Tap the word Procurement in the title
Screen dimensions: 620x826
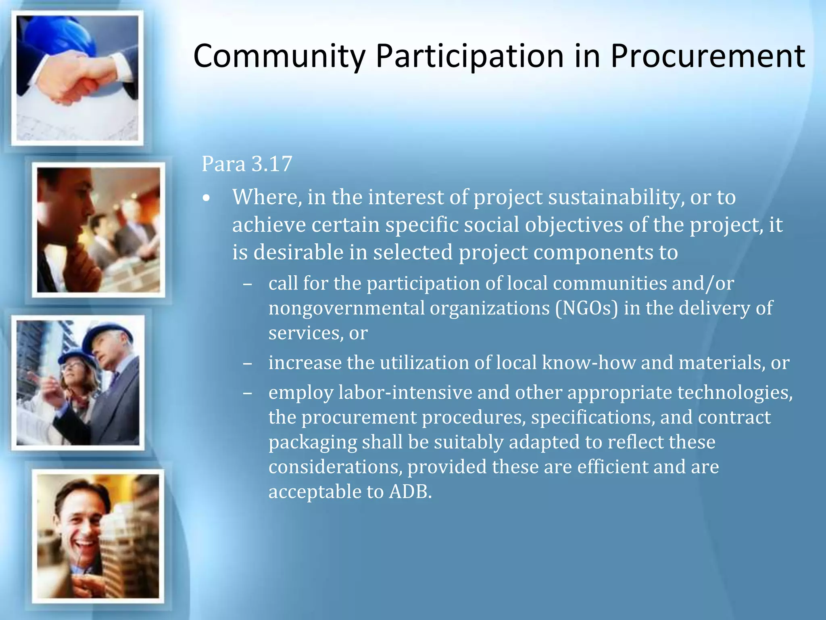tap(707, 56)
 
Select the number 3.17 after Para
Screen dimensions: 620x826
tap(272, 164)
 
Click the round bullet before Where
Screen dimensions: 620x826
tap(207, 199)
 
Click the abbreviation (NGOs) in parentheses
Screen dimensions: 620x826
tap(586, 308)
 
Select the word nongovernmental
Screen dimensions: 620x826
tap(346, 308)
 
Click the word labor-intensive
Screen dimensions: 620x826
tap(405, 392)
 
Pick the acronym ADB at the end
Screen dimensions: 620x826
tap(410, 492)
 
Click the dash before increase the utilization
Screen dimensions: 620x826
tap(248, 363)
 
